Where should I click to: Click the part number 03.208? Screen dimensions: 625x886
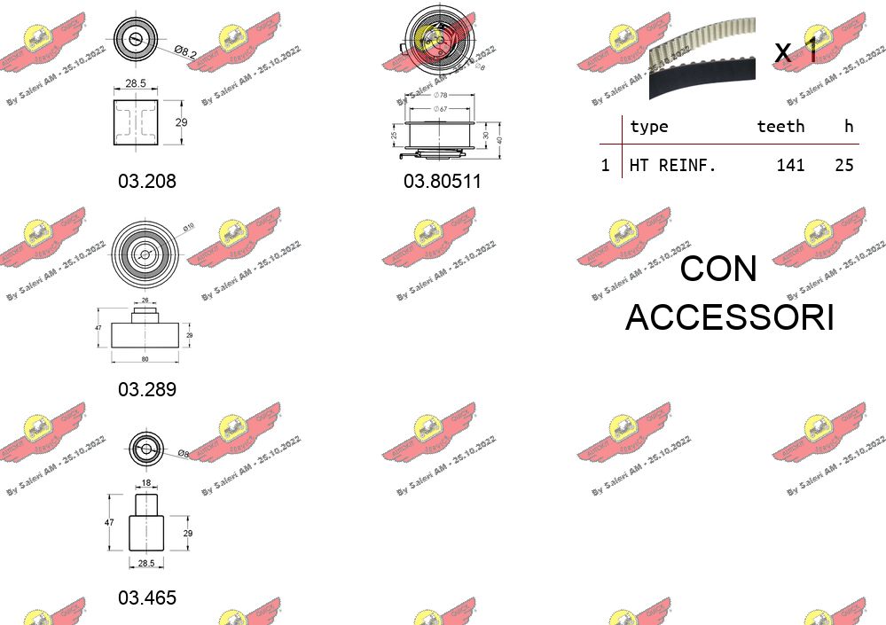click(147, 181)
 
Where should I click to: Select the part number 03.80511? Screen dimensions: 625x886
click(442, 181)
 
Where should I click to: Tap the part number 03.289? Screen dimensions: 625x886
click(147, 389)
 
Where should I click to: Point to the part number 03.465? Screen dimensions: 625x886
click(147, 598)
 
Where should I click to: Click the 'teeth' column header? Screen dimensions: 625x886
click(780, 127)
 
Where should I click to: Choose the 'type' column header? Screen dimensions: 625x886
click(648, 127)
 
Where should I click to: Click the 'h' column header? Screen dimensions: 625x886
click(849, 127)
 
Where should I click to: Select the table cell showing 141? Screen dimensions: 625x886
click(789, 165)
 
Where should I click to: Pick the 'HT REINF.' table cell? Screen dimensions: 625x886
click(672, 165)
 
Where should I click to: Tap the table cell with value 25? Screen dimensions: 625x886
click(843, 165)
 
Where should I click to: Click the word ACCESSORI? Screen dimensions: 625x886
click(729, 317)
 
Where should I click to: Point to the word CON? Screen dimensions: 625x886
click(718, 269)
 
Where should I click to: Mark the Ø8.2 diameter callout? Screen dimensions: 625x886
click(184, 53)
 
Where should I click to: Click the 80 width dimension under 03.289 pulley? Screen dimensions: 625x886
click(145, 359)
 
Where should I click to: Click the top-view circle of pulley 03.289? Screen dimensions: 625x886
click(145, 254)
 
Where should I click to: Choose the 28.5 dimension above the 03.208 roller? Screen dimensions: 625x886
click(136, 82)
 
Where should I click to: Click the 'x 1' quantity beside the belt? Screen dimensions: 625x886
click(796, 51)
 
